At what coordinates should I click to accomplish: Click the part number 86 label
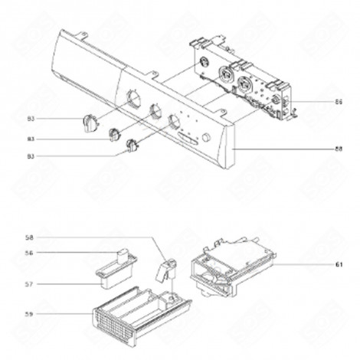point(317,101)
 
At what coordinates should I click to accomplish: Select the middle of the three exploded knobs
point(116,135)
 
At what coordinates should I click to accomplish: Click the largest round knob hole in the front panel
point(131,98)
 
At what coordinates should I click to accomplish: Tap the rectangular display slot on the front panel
point(188,137)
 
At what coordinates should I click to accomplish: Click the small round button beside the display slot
point(206,139)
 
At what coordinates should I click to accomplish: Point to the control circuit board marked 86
point(241,84)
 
